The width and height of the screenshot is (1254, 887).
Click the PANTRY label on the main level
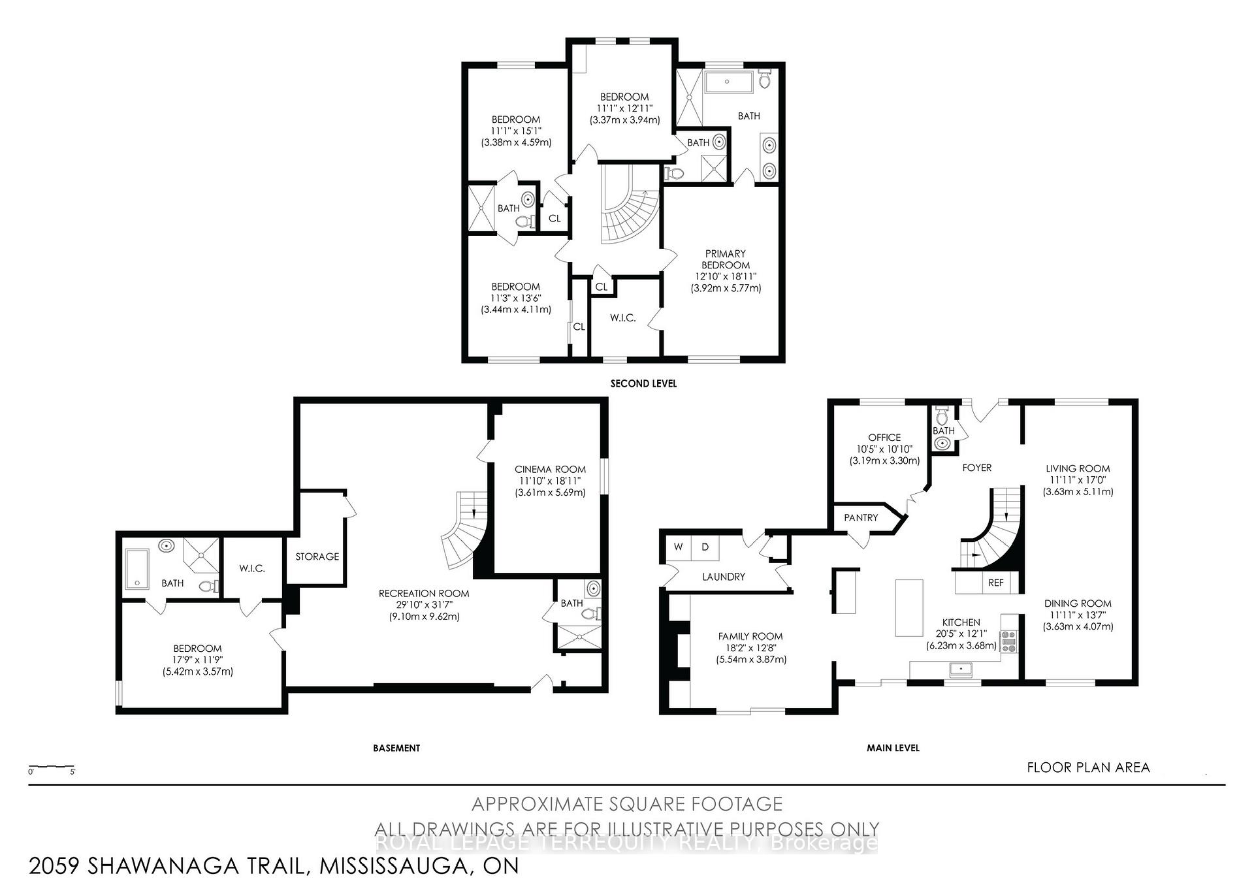coord(861,517)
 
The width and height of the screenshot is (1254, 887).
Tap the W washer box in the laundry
coord(679,547)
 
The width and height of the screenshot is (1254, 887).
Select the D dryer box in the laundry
coord(705,547)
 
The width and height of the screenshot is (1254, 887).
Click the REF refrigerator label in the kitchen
coord(995,583)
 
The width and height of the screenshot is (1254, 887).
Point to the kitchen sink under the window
coord(961,669)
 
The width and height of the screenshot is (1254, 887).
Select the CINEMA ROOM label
coord(550,469)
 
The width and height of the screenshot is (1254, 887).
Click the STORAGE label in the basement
coord(317,556)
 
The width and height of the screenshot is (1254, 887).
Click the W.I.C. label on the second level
coord(623,318)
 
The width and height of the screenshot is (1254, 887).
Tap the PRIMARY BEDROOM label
coord(725,259)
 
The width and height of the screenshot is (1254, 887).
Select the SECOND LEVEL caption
coord(643,383)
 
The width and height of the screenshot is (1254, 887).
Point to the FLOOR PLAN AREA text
coord(1088,767)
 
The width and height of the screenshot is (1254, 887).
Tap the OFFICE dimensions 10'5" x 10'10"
coord(884,449)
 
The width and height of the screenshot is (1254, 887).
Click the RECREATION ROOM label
coord(424,593)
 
